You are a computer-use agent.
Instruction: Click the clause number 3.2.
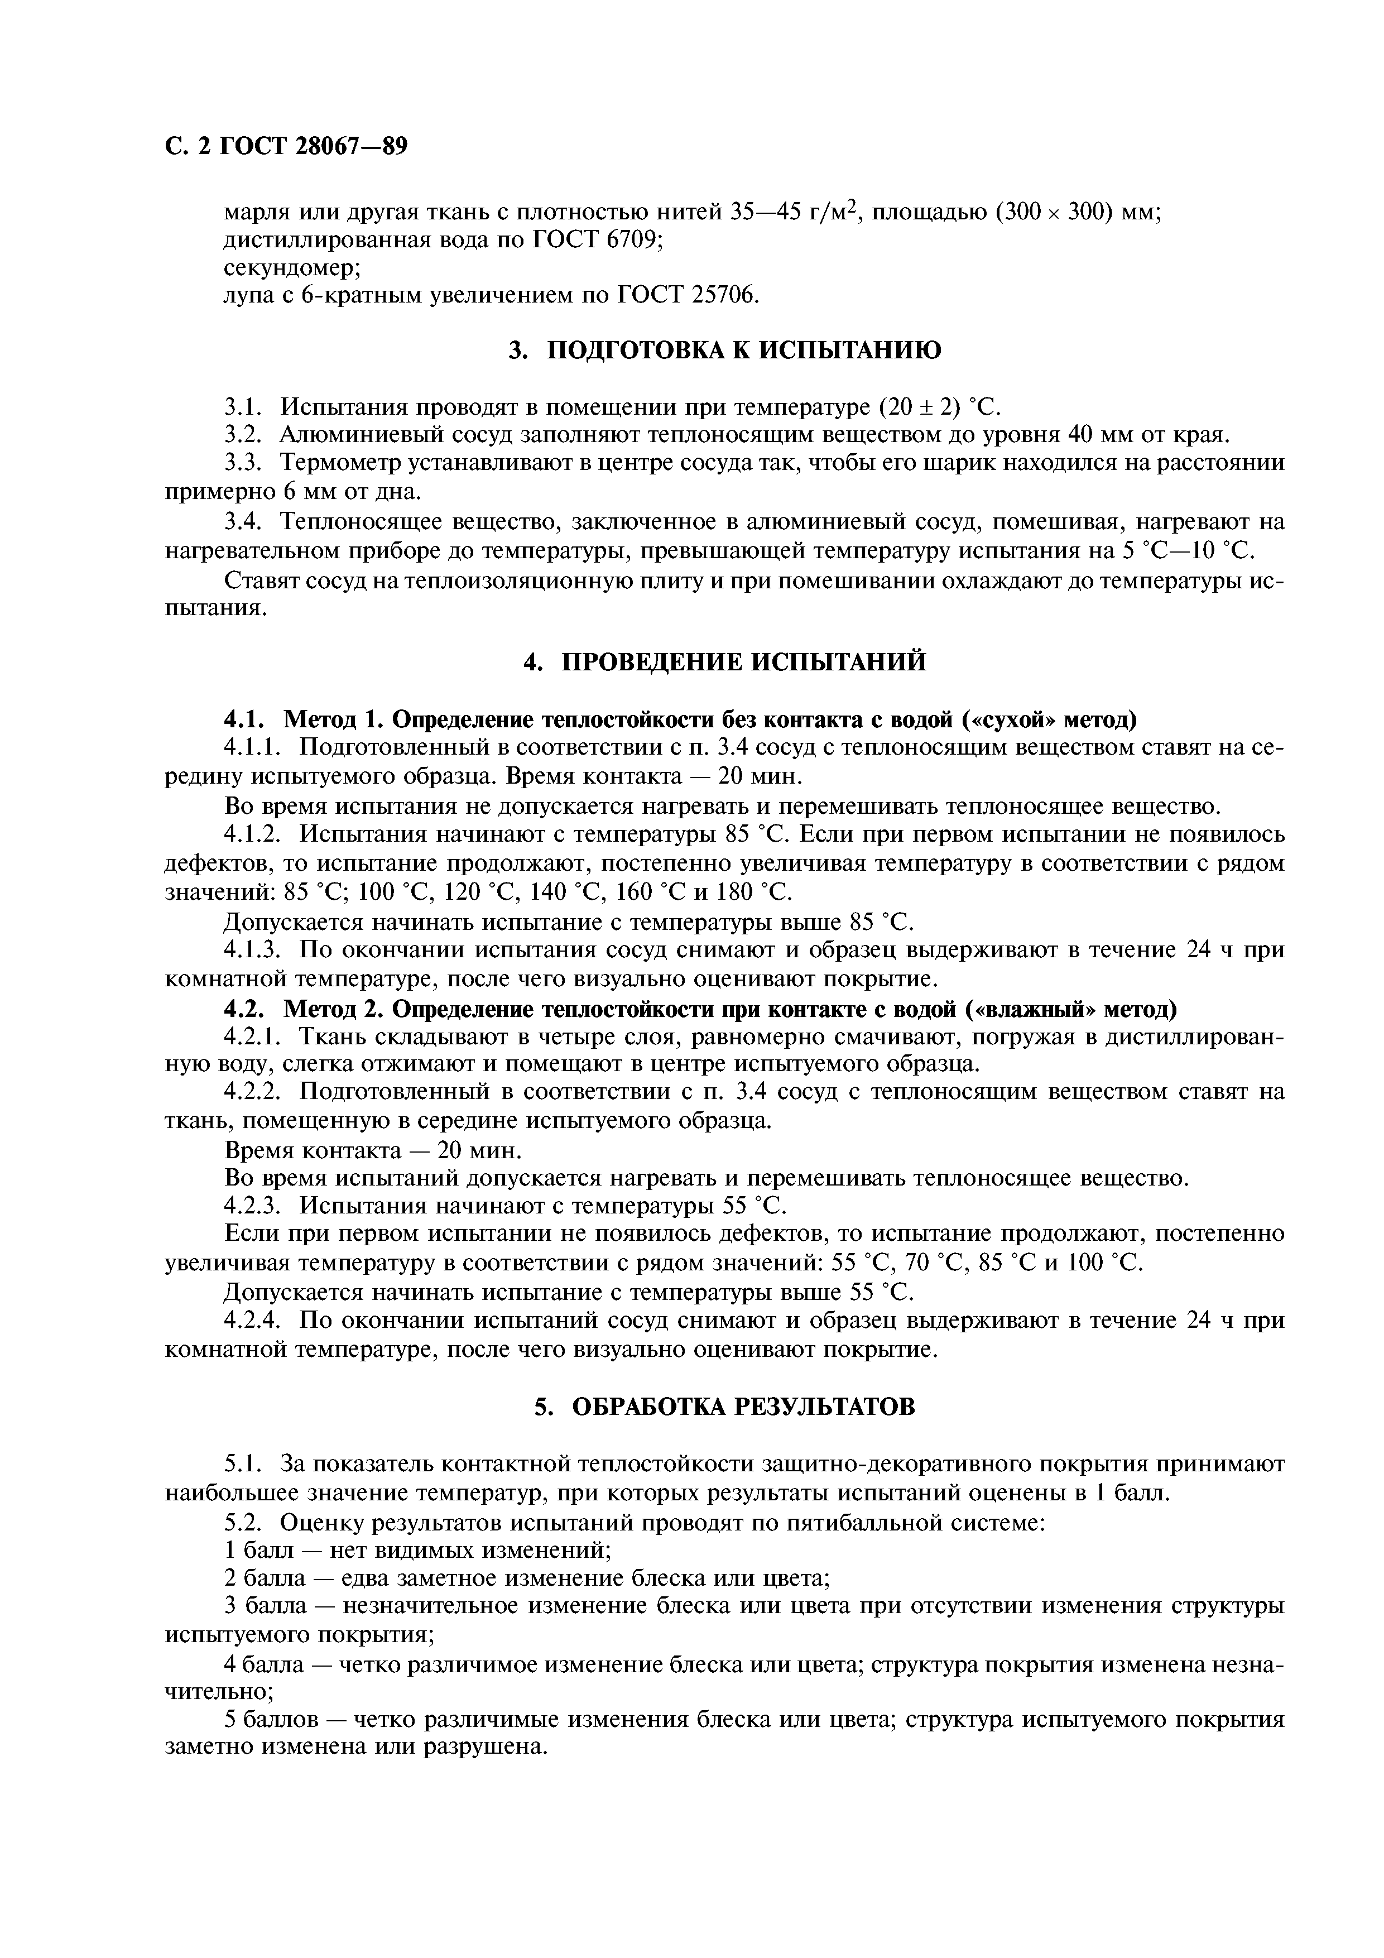[x=245, y=435]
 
